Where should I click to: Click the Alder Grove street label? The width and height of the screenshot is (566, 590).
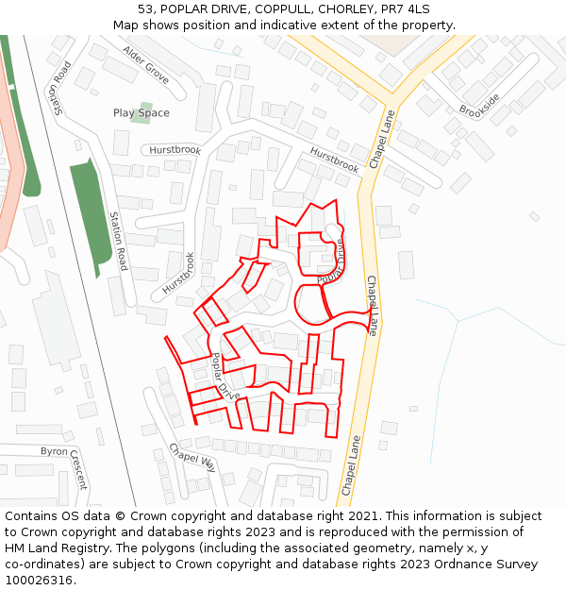click(x=146, y=65)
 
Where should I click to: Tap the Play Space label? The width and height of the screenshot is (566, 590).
click(x=141, y=113)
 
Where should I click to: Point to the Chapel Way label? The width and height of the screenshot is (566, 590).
click(x=192, y=457)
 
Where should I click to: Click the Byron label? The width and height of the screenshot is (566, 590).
click(x=54, y=451)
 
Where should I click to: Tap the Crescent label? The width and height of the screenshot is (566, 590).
click(x=78, y=468)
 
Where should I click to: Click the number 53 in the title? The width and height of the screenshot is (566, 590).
click(x=145, y=9)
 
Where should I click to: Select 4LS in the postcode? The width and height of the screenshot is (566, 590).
click(x=416, y=9)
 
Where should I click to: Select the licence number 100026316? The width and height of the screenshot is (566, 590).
click(x=41, y=581)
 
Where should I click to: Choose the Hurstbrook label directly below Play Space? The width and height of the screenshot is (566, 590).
click(x=175, y=150)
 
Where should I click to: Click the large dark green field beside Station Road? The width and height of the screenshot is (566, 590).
click(x=91, y=213)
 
